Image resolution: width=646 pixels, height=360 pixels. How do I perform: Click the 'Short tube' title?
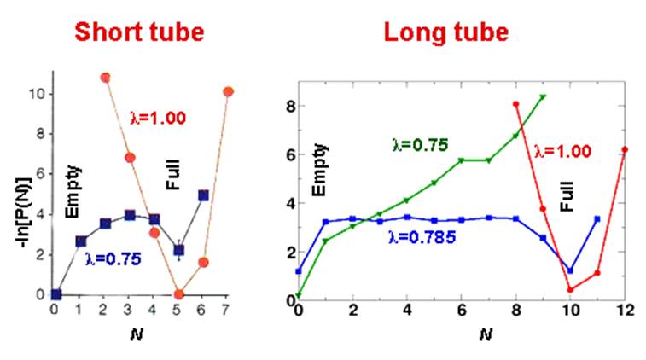click(x=139, y=32)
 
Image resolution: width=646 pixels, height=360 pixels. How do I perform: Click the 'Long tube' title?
click(x=445, y=32)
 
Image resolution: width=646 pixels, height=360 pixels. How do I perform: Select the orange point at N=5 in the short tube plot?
click(x=178, y=294)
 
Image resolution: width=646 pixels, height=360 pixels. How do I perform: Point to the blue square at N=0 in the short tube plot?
click(x=55, y=294)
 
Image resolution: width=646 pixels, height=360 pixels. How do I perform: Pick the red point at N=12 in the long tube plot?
click(x=625, y=149)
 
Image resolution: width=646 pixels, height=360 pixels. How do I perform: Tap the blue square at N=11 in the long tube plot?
click(x=597, y=219)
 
